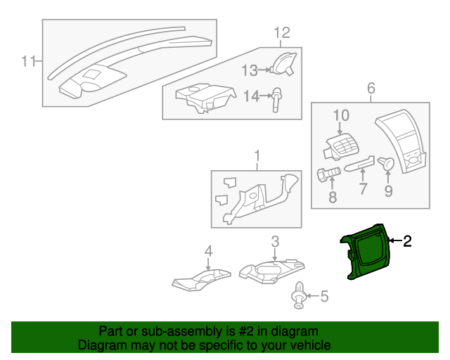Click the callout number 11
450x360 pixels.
27,62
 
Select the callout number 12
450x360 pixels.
281,32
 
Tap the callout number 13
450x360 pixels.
250,70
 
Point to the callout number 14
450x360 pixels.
250,96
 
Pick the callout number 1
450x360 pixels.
257,155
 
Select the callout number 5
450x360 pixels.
324,297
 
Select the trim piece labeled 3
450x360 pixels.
271,271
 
